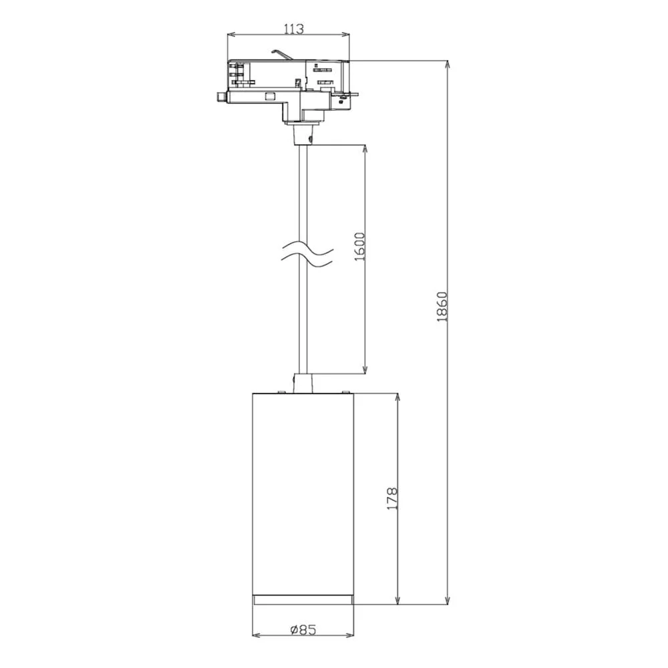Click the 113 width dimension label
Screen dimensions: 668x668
tap(294, 29)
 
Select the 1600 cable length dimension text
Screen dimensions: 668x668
tap(360, 246)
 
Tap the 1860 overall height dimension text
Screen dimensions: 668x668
tap(442, 307)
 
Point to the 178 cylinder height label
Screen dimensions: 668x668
tap(391, 499)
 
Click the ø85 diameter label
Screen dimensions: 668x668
tap(303, 629)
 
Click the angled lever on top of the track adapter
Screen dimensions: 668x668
tap(281, 53)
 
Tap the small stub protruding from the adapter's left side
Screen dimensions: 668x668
tap(222, 97)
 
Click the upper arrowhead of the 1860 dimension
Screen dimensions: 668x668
tap(448, 65)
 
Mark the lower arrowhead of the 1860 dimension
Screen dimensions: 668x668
tap(448, 600)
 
